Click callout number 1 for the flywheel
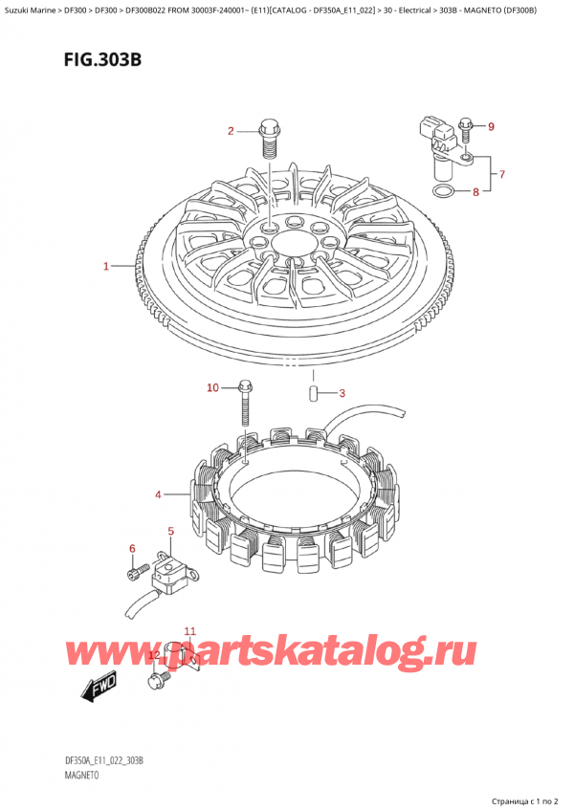[106, 266]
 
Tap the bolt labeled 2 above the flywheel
[269, 141]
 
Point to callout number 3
[342, 393]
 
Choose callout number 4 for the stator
[158, 494]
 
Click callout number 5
[170, 531]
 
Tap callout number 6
[132, 547]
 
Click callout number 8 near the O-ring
[475, 192]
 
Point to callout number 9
[491, 126]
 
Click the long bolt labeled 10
[246, 406]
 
